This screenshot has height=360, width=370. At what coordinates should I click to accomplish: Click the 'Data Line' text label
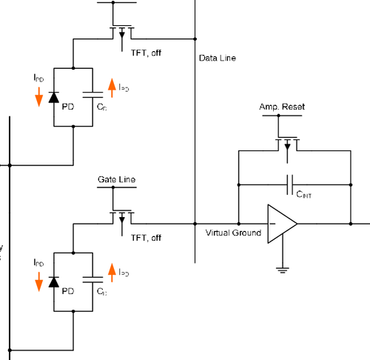coord(219,57)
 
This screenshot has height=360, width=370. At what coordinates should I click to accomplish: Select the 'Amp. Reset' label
coord(282,107)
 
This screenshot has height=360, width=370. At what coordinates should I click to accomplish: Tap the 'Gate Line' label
coord(116,179)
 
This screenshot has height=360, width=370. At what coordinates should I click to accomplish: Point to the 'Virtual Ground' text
coord(233,233)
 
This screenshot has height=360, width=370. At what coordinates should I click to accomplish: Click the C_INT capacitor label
coord(304,194)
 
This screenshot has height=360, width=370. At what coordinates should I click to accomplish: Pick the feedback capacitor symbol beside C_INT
coord(291,181)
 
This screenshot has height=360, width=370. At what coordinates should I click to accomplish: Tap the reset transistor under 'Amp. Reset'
coord(286,143)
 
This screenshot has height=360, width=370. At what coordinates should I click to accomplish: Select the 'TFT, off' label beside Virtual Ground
coord(146,238)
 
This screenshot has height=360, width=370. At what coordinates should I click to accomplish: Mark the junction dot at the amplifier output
coord(350,222)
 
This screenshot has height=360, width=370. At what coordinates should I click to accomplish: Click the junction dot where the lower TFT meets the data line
coord(195,222)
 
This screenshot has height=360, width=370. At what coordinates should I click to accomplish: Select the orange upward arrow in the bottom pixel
coord(112,273)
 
